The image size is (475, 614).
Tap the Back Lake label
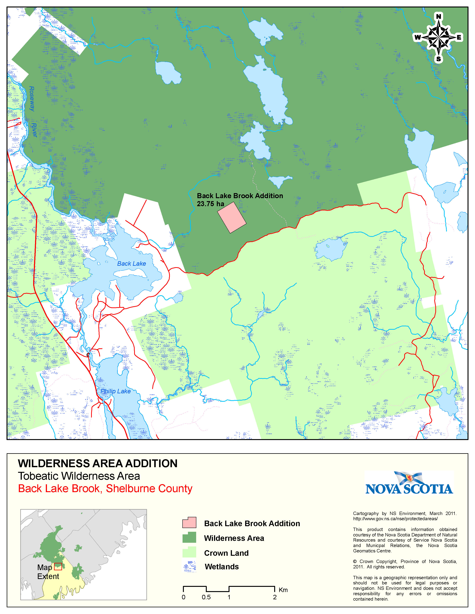[x=131, y=263]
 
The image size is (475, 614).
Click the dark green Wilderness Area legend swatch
[x=189, y=537]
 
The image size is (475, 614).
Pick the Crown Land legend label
[x=226, y=553]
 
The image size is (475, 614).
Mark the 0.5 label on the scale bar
[x=206, y=597]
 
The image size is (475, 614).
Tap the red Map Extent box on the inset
[x=58, y=566]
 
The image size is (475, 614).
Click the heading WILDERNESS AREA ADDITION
[x=97, y=463]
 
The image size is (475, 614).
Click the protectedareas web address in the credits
[x=395, y=518]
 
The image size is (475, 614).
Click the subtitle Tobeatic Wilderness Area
[x=79, y=476]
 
